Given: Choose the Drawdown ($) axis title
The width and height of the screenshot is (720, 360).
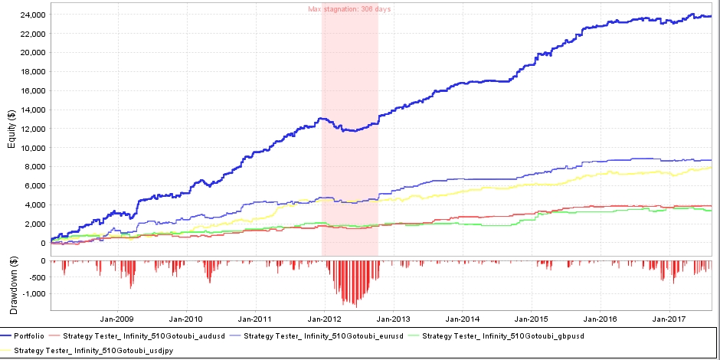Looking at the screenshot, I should coord(11,284).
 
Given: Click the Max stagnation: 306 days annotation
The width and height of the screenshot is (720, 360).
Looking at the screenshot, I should coord(349,8).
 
